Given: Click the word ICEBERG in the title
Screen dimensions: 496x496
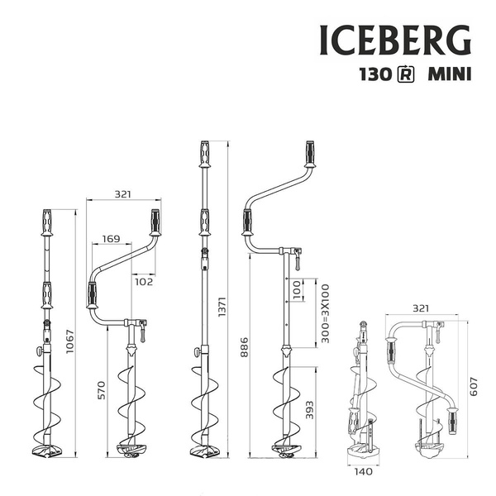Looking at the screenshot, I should (x=395, y=38).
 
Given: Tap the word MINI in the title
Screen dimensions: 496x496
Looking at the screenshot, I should (x=449, y=74).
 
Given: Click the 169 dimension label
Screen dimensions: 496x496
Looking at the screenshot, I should (x=110, y=240).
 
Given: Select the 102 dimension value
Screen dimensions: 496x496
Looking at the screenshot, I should (x=145, y=280).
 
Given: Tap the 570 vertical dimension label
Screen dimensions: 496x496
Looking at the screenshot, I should (x=103, y=390).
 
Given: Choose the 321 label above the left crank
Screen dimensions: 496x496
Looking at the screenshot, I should (x=123, y=194).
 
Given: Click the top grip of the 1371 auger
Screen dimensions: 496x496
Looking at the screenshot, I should (x=203, y=155).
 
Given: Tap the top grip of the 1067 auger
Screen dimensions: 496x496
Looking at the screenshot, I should (x=47, y=222).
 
